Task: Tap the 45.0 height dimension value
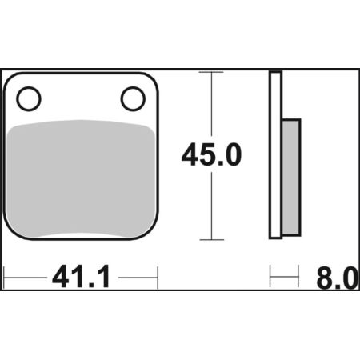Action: (211, 154)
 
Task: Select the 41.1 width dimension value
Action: (82, 277)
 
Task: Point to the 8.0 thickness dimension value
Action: (338, 278)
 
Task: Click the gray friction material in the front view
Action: (81, 178)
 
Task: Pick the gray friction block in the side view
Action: (291, 178)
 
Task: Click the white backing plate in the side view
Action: (275, 154)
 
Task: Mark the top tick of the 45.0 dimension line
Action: (211, 72)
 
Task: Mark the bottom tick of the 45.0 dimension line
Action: (212, 240)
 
